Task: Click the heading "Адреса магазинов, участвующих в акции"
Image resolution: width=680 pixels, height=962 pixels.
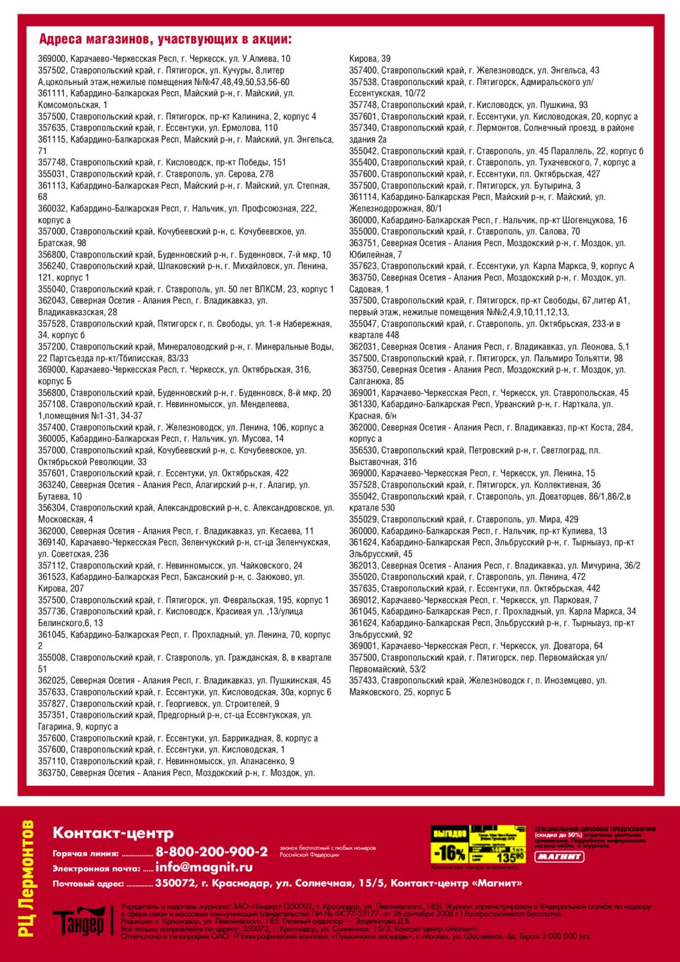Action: (165, 39)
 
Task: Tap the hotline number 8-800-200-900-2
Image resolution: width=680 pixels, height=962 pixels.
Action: (211, 852)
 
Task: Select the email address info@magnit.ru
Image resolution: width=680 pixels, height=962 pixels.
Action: (204, 867)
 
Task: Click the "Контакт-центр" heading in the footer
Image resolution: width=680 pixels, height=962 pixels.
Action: (113, 833)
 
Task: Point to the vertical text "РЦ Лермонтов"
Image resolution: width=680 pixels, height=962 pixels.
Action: (27, 878)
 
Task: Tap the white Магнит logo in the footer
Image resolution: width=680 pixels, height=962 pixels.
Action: (559, 857)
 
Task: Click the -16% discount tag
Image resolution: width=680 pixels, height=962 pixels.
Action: (449, 853)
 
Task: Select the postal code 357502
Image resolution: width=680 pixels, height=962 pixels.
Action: (52, 70)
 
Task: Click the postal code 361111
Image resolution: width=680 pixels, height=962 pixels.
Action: (52, 93)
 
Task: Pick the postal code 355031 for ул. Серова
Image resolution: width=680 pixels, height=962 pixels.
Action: (52, 174)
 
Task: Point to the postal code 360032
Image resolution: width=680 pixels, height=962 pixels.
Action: (52, 209)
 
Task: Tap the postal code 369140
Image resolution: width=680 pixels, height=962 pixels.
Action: (52, 543)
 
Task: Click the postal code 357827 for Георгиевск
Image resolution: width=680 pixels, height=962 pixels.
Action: (52, 704)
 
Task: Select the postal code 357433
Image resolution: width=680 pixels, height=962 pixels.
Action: (364, 681)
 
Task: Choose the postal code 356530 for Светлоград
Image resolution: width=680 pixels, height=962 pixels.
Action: (364, 450)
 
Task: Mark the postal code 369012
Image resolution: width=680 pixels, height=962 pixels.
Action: (364, 600)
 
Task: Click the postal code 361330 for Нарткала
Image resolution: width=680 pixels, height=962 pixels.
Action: (364, 404)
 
